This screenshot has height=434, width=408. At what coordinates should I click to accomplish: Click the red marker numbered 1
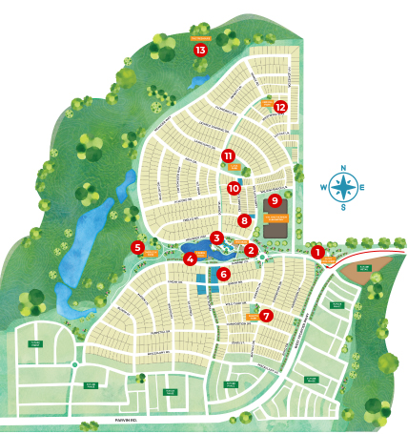click(317, 252)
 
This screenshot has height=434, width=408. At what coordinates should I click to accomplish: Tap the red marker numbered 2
click(252, 251)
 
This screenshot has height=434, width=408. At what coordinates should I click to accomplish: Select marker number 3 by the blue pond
click(217, 238)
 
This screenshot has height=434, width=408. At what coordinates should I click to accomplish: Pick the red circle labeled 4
click(191, 258)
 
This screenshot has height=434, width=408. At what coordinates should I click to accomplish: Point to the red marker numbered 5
click(138, 247)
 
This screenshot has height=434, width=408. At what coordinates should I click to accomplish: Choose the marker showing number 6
click(224, 274)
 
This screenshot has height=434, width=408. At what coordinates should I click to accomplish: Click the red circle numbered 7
click(266, 315)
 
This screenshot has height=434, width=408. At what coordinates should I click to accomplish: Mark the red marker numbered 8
click(245, 220)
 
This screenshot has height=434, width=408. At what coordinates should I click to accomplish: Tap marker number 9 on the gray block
click(275, 200)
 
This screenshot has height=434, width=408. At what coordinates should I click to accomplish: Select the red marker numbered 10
click(234, 188)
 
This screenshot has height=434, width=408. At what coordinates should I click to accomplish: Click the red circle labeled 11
click(228, 155)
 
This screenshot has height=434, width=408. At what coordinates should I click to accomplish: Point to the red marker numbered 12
click(280, 107)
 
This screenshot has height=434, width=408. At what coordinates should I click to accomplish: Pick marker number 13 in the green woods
click(200, 50)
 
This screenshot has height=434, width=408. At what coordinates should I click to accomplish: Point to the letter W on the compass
click(325, 188)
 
